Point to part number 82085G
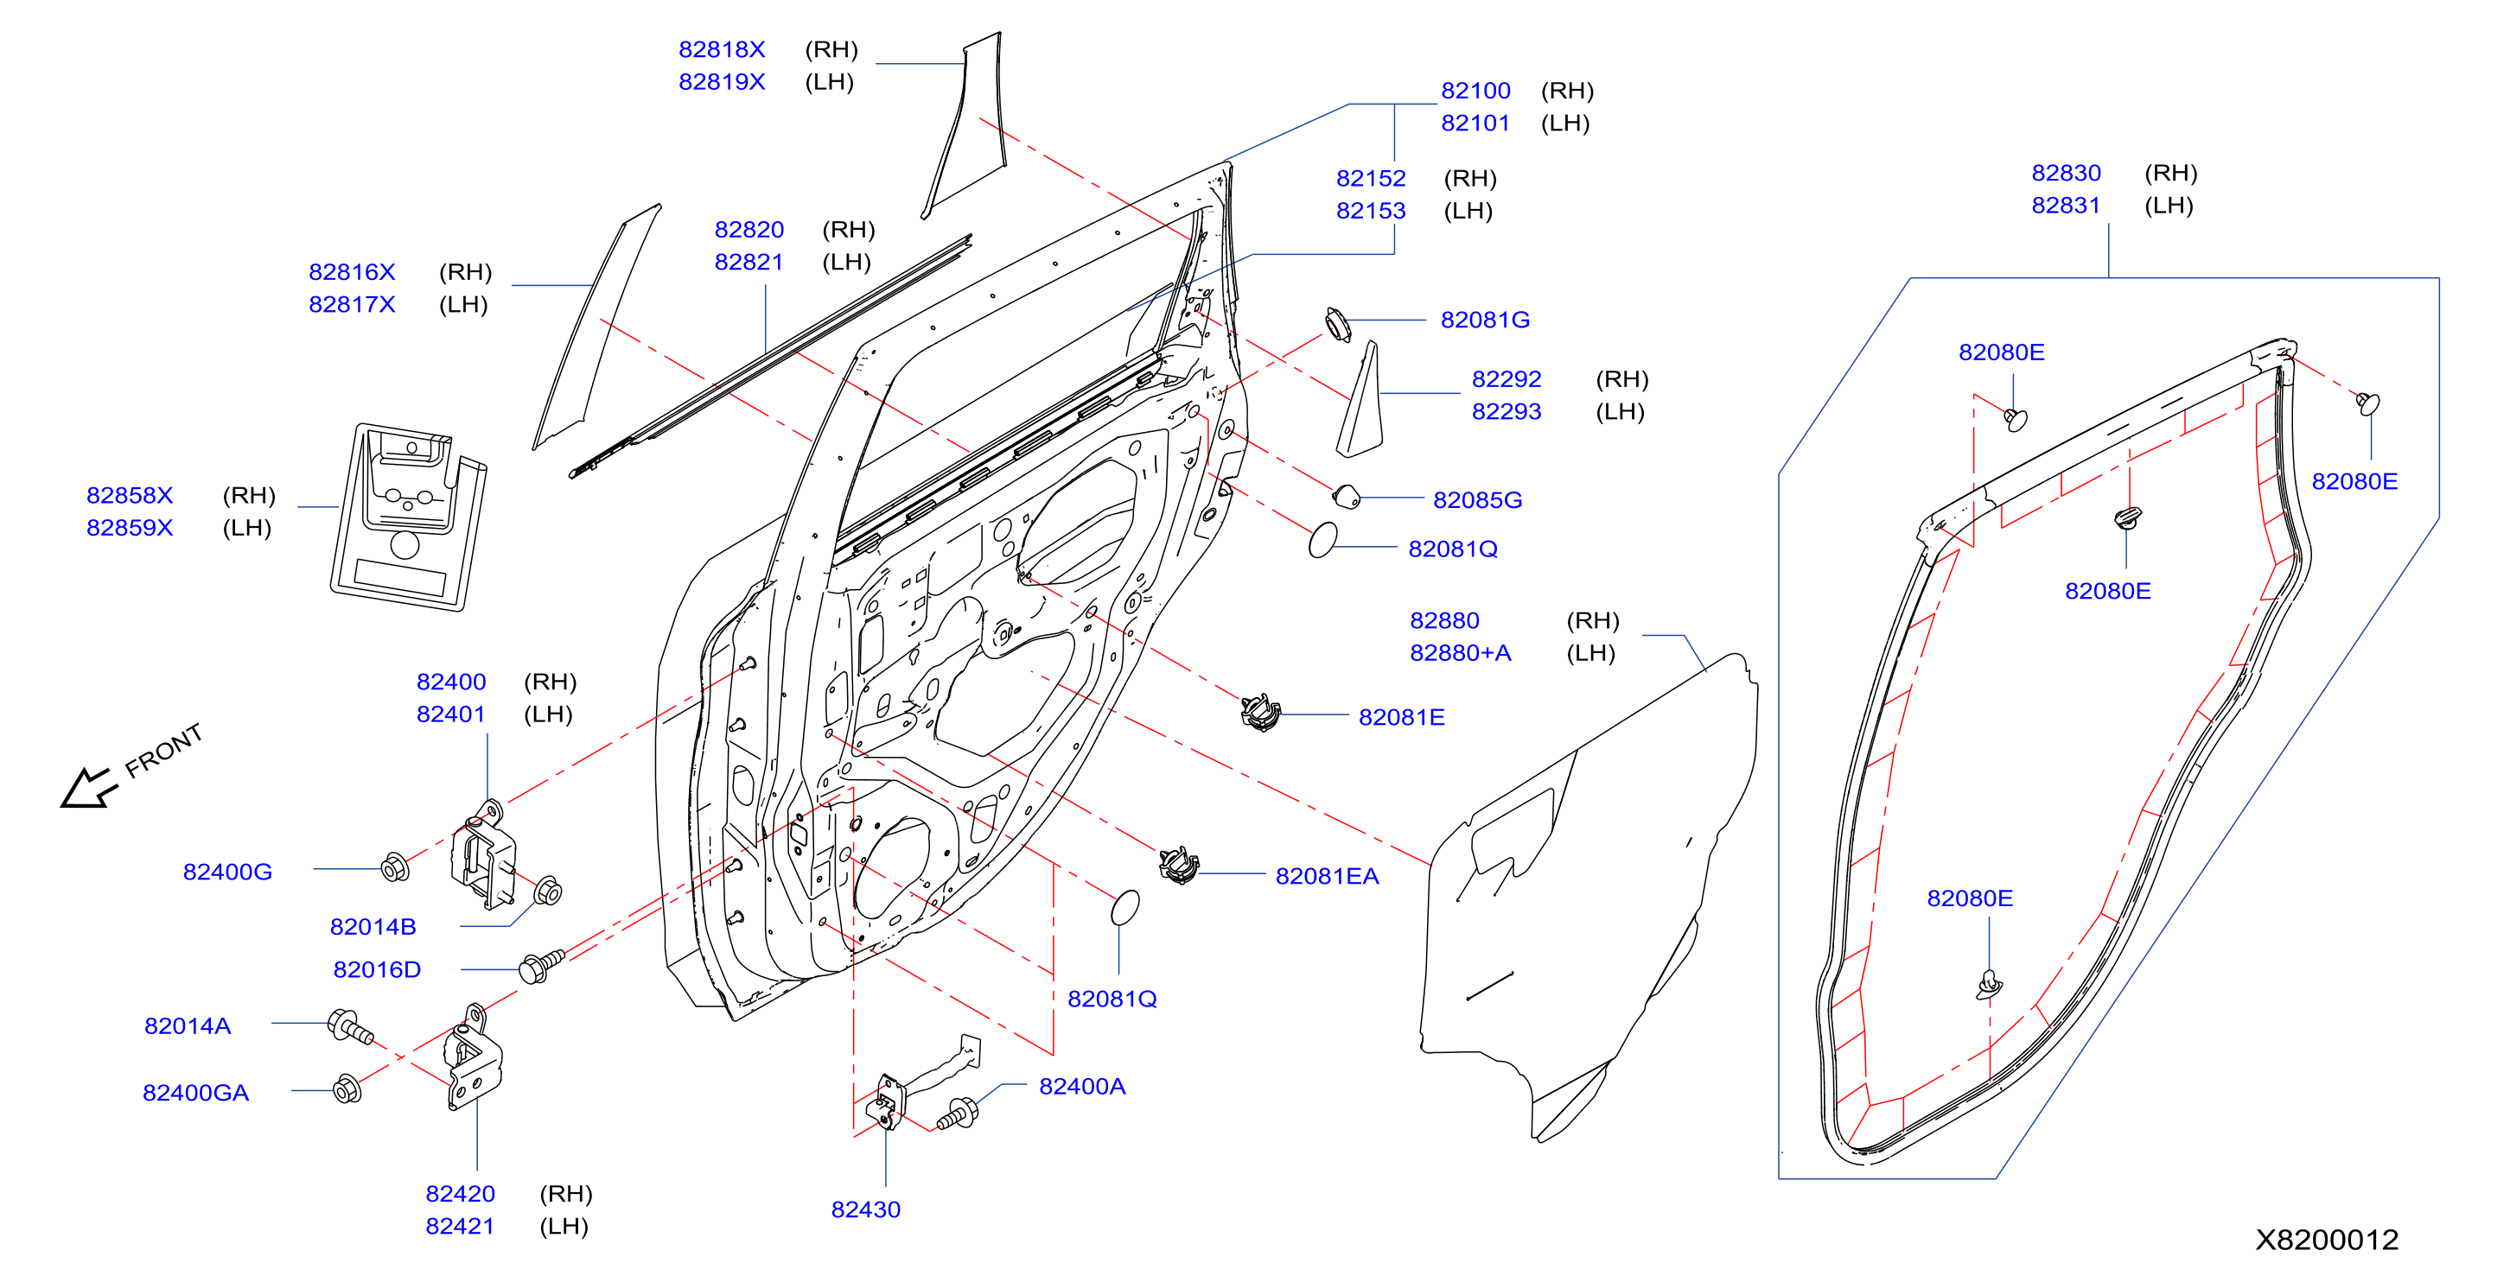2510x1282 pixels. point(1477,499)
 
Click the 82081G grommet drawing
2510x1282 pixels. point(1338,325)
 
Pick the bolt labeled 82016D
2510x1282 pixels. point(542,966)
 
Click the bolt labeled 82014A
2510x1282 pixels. point(351,1027)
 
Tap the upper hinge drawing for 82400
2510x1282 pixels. point(482,854)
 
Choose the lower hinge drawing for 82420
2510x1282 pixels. point(474,1058)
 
